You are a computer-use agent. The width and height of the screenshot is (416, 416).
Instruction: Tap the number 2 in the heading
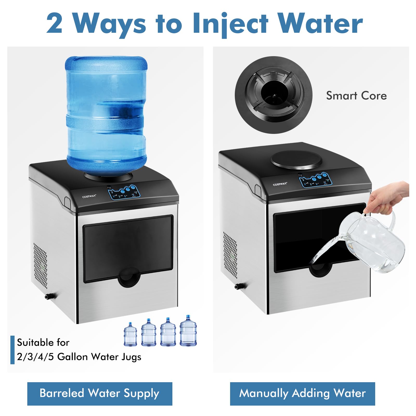(55, 24)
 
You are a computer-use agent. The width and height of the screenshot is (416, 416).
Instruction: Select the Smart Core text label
(356, 96)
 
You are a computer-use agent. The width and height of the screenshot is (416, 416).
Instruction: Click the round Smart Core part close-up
(274, 95)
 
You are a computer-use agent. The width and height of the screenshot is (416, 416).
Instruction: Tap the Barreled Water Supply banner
(100, 393)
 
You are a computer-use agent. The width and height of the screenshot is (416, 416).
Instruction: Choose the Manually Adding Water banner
(302, 393)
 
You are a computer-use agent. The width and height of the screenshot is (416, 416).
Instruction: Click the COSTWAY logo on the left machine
(89, 196)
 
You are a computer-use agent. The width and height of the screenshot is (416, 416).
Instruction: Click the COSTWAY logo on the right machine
(280, 184)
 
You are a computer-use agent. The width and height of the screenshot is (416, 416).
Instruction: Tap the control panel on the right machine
(315, 180)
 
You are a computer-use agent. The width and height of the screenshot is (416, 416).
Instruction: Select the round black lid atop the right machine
(296, 159)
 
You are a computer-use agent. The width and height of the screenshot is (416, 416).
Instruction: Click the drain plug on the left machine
(48, 296)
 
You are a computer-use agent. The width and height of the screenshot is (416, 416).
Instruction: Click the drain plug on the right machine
(238, 286)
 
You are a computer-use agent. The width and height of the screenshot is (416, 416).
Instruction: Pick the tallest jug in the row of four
(188, 331)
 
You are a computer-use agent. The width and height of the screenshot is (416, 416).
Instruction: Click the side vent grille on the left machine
(40, 265)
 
